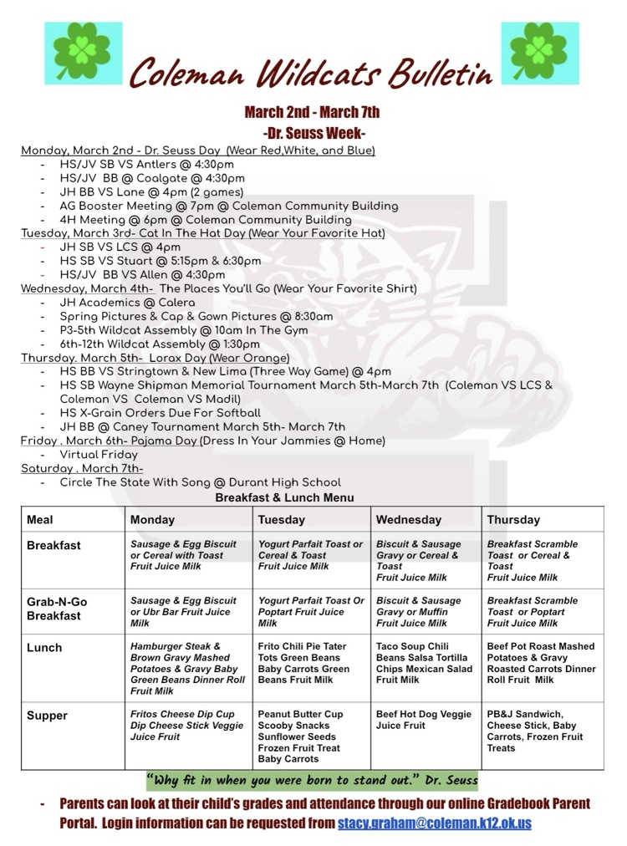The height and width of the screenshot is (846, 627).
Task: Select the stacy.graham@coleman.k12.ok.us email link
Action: pos(434,823)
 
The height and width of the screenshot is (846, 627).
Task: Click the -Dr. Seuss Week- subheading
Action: pos(313,133)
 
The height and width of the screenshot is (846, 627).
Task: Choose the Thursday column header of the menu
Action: pos(513,519)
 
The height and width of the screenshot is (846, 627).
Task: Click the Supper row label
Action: pos(48,716)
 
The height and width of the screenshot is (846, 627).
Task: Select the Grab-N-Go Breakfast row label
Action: pos(57,608)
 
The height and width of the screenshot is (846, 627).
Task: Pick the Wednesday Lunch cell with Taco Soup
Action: pos(424,663)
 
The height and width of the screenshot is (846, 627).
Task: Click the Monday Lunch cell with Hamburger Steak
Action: pos(187,668)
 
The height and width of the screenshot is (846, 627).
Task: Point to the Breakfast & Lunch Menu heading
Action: pos(284,497)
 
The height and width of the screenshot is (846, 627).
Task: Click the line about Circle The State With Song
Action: pos(200,482)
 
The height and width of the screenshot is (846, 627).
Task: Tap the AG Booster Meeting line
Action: pos(228,206)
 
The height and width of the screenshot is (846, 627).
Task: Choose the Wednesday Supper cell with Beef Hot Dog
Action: pos(424,720)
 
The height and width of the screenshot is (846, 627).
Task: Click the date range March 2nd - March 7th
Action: pos(313,112)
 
